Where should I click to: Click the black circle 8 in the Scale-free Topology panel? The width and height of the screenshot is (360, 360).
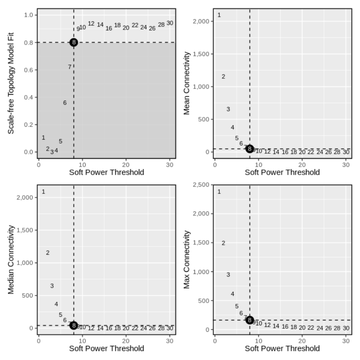[x=74, y=42]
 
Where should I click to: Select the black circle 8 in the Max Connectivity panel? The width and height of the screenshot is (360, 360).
[x=249, y=320]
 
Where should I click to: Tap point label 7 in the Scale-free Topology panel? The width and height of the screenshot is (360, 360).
[x=69, y=67]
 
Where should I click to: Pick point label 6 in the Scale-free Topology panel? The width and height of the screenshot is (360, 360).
[x=65, y=103]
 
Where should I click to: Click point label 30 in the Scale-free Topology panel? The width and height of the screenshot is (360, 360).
[x=170, y=23]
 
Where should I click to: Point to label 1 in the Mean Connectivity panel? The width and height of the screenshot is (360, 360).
[x=219, y=15]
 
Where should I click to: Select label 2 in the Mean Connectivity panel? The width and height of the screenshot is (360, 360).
[x=223, y=77]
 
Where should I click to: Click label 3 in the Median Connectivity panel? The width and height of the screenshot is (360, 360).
[x=52, y=286]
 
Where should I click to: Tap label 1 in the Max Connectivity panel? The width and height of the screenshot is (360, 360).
[x=219, y=192]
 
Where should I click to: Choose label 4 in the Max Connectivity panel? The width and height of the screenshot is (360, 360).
[x=232, y=294]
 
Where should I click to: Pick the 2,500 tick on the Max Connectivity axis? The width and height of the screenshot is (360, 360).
[x=200, y=185]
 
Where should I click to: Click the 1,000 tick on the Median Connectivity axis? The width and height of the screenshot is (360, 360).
[x=26, y=263]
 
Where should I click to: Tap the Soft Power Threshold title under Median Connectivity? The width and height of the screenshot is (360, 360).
[x=107, y=348]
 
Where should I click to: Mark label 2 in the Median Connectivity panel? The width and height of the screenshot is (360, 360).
[x=48, y=253]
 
